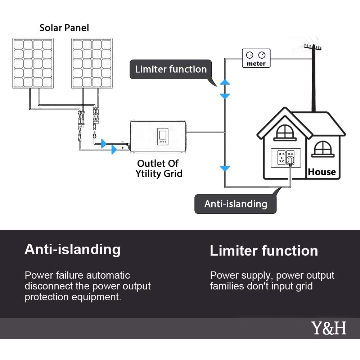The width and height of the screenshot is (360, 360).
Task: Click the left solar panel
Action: pyautogui.click(x=33, y=64)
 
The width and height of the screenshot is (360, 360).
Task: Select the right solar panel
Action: pyautogui.click(x=92, y=64)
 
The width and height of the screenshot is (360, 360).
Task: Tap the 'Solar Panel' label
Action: pyautogui.click(x=64, y=27)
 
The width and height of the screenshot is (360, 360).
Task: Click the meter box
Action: pyautogui.click(x=256, y=58)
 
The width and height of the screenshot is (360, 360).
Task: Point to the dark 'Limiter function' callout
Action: pyautogui.click(x=171, y=69)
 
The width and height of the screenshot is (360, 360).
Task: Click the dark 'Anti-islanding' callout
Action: pyautogui.click(x=235, y=204)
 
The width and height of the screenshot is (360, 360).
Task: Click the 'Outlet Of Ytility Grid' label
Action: pyautogui.click(x=159, y=168)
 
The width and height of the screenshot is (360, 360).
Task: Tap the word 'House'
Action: pyautogui.click(x=321, y=172)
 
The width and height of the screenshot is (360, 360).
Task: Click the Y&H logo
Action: pyautogui.click(x=328, y=328)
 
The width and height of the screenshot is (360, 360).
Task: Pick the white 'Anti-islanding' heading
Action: pyautogui.click(x=72, y=249)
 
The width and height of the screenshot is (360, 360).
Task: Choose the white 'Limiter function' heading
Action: pyautogui.click(x=264, y=251)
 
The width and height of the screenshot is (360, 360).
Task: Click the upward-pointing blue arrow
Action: pyautogui.click(x=225, y=82)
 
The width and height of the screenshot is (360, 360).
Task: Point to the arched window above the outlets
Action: pyautogui.click(x=284, y=132)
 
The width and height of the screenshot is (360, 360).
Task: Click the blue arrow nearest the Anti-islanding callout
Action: pyautogui.click(x=225, y=168)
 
